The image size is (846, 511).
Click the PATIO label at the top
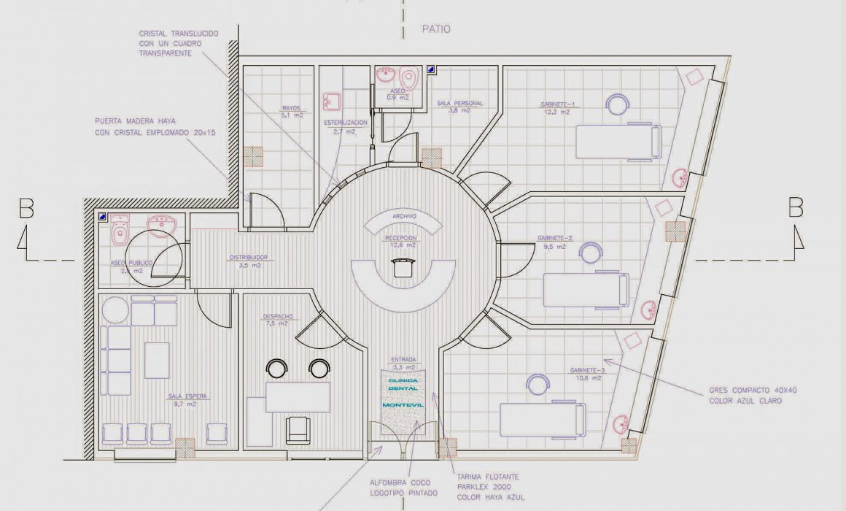[435, 29]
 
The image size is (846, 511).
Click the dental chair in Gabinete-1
[618, 142]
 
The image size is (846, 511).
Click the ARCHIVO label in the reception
[404, 217]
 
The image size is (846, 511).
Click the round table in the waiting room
[115, 310]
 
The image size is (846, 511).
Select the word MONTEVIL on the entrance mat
[403, 405]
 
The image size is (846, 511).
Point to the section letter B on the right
[796, 209]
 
